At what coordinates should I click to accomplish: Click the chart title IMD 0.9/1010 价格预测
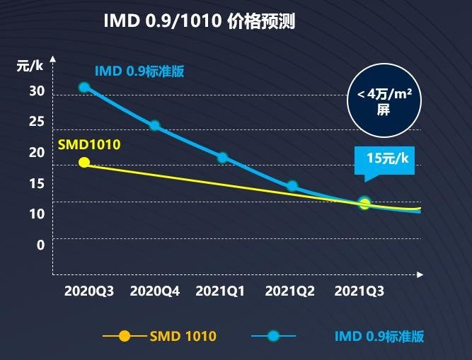tap(199, 21)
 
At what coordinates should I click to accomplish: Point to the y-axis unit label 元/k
tap(30, 66)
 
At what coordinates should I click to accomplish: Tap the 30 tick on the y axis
tap(37, 91)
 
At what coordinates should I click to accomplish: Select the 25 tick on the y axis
tap(37, 122)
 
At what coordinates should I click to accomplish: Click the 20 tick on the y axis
tap(37, 152)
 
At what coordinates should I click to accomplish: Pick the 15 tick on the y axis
tap(37, 183)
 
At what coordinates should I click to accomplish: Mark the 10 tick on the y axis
tap(37, 214)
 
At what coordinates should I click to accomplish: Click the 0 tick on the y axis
tap(40, 245)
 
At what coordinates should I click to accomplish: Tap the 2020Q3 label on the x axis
tap(88, 291)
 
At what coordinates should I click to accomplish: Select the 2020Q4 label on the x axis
tap(155, 291)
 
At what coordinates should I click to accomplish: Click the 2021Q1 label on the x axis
tap(221, 291)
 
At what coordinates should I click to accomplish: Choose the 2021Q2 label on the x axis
tap(289, 291)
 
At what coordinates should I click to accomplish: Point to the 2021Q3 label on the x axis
tap(359, 291)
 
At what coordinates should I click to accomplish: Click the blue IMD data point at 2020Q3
tap(84, 87)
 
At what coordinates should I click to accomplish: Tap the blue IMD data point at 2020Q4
tap(154, 126)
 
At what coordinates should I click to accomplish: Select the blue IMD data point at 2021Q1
tap(222, 157)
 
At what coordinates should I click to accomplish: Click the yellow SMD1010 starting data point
tap(84, 162)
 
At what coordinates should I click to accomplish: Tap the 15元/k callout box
tap(387, 158)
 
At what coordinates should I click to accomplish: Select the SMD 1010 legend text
tap(183, 337)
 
